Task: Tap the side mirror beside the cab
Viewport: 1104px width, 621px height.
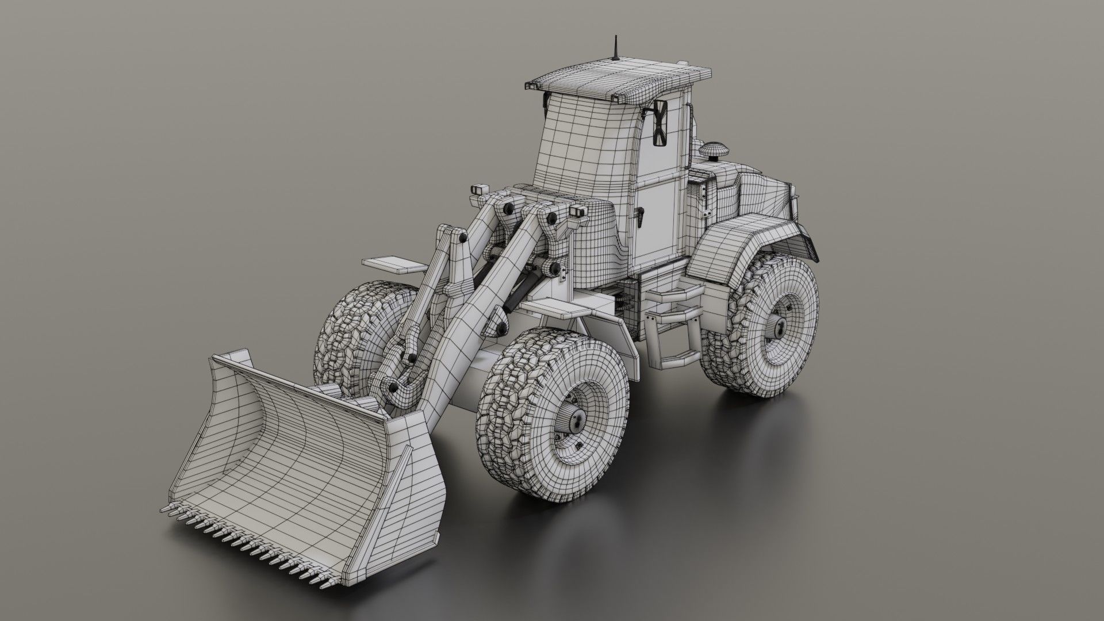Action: pyautogui.click(x=660, y=122)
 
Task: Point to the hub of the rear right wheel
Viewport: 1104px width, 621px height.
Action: pyautogui.click(x=779, y=328)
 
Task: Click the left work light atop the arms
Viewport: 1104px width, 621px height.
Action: pyautogui.click(x=478, y=191)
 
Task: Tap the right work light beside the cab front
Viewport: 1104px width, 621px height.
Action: pyautogui.click(x=578, y=211)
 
